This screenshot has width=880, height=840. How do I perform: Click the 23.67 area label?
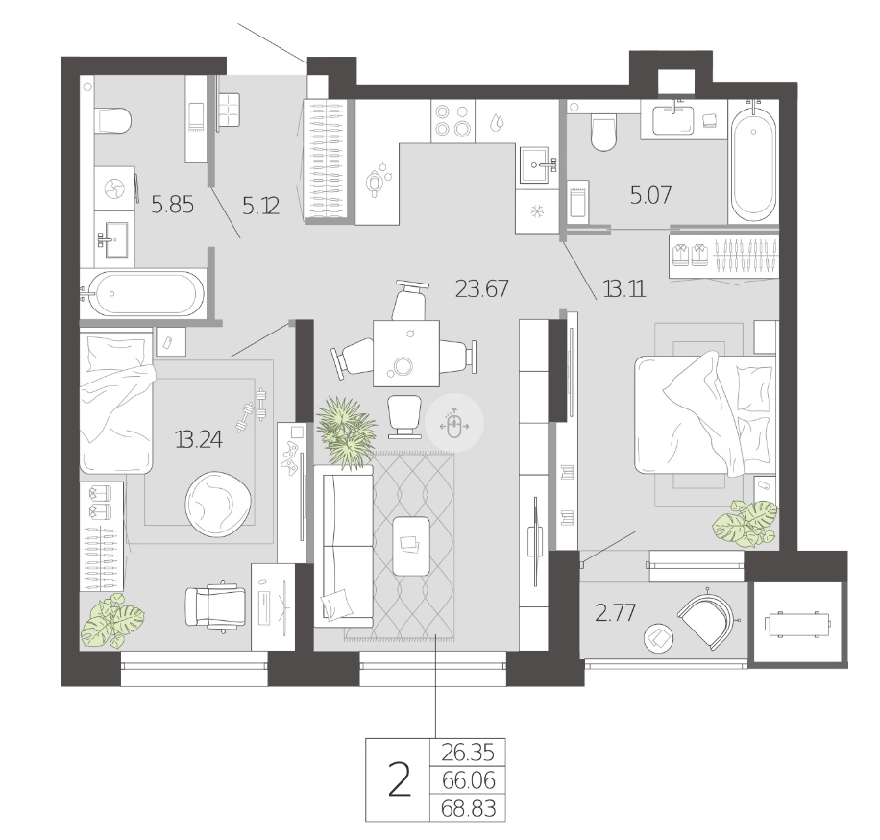(x=482, y=288)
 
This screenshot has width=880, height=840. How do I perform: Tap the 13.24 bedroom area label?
(x=199, y=439)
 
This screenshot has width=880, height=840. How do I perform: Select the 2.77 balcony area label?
(x=615, y=612)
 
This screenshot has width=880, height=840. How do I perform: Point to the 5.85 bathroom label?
(x=173, y=205)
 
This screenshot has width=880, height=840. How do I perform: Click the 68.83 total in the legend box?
(x=469, y=808)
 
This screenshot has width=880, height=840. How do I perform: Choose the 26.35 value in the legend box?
(x=468, y=753)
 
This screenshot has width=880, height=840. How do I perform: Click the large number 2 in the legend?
(x=400, y=780)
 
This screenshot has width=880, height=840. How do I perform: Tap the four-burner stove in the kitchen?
(x=452, y=121)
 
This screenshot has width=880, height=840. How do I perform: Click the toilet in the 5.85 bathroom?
(x=114, y=120)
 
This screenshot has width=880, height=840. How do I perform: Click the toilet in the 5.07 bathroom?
(x=604, y=133)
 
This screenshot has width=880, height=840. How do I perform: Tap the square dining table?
(x=405, y=353)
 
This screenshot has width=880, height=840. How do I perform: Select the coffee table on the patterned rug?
(x=411, y=546)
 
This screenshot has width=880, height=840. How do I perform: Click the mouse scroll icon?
(x=454, y=425)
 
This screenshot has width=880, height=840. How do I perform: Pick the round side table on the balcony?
(x=659, y=639)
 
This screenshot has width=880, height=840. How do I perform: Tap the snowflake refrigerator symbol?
(x=537, y=211)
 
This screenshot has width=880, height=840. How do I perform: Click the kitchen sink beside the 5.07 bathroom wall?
(x=537, y=165)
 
